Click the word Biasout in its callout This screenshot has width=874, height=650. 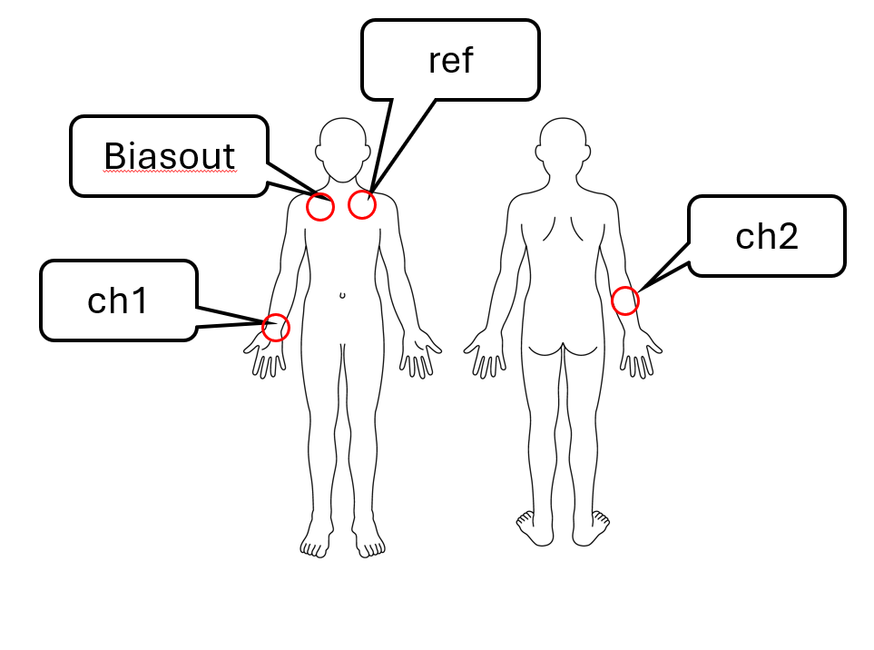click(x=170, y=156)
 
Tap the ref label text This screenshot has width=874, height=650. click(x=451, y=61)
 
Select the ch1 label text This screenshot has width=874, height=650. click(x=117, y=301)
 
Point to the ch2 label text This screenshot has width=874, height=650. click(x=766, y=236)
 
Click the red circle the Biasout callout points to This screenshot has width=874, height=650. click(x=320, y=207)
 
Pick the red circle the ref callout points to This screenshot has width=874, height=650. click(x=362, y=205)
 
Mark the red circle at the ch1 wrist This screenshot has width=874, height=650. click(x=276, y=327)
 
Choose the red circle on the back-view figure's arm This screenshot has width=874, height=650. click(x=624, y=300)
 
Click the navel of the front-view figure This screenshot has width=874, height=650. click(x=342, y=295)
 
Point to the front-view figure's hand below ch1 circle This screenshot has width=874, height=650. click(x=268, y=358)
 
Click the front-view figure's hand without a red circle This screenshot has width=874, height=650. click(x=420, y=358)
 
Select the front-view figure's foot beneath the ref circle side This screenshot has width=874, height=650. click(x=368, y=544)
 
